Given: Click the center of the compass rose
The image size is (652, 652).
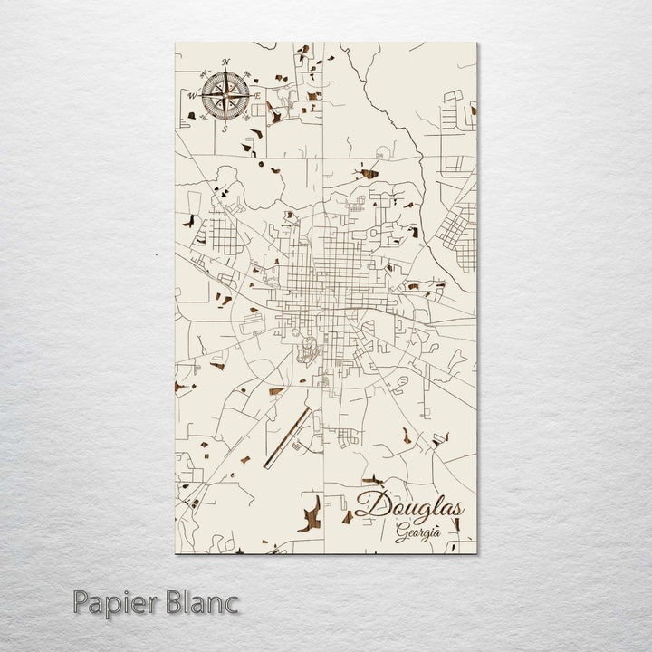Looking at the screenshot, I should pos(225,95).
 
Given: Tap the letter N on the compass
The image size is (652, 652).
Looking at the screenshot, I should pos(225,62).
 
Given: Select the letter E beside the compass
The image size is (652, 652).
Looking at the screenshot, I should pos(257,95).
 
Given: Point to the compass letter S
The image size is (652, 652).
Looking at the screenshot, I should pos(225,129).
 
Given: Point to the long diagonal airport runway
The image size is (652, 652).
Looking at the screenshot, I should pos(287,437).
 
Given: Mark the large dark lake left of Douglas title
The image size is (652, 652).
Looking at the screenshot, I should pos(311,514).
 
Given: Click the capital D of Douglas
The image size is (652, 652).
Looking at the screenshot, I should pos(370,505).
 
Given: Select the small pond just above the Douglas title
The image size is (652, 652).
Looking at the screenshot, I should pos(373,482).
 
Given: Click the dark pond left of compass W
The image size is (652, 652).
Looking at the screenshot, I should pos(180,95).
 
